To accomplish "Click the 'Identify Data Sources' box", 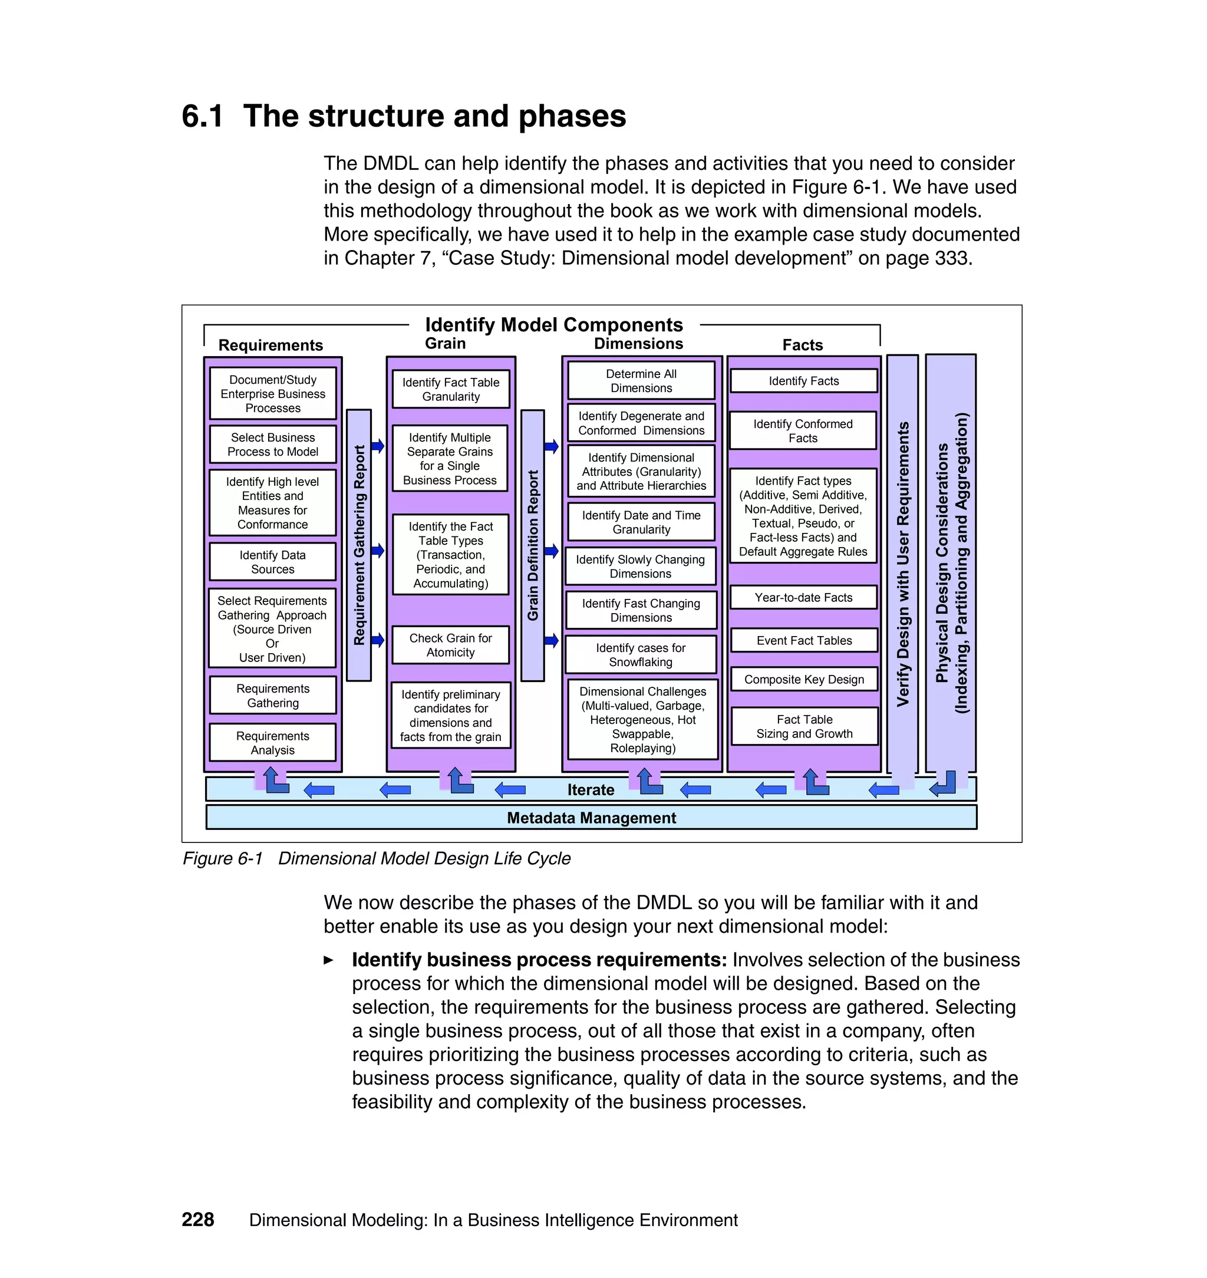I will coord(272,562).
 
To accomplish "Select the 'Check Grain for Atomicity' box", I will coord(450,645).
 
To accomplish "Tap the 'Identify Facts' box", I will coord(804,381).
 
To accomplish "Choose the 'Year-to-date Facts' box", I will coord(804,597).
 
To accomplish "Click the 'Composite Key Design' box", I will coord(804,680).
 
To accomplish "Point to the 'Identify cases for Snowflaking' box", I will coord(641,654).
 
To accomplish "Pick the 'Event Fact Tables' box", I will coord(804,640).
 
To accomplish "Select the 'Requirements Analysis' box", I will coord(272,743).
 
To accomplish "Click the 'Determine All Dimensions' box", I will coord(641,381).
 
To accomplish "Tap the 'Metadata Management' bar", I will coord(591,818).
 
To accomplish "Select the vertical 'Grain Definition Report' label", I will coord(533,545).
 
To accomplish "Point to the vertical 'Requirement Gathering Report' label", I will coord(359,545).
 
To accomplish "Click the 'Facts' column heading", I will coord(802,345).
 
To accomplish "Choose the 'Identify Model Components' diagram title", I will coord(554,324).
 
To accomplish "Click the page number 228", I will coord(197,1220).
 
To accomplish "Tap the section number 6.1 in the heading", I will coord(203,117).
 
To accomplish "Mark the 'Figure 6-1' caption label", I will coord(223,858).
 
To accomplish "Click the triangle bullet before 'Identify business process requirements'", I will coord(329,960).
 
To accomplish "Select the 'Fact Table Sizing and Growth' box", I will coord(804,726).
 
